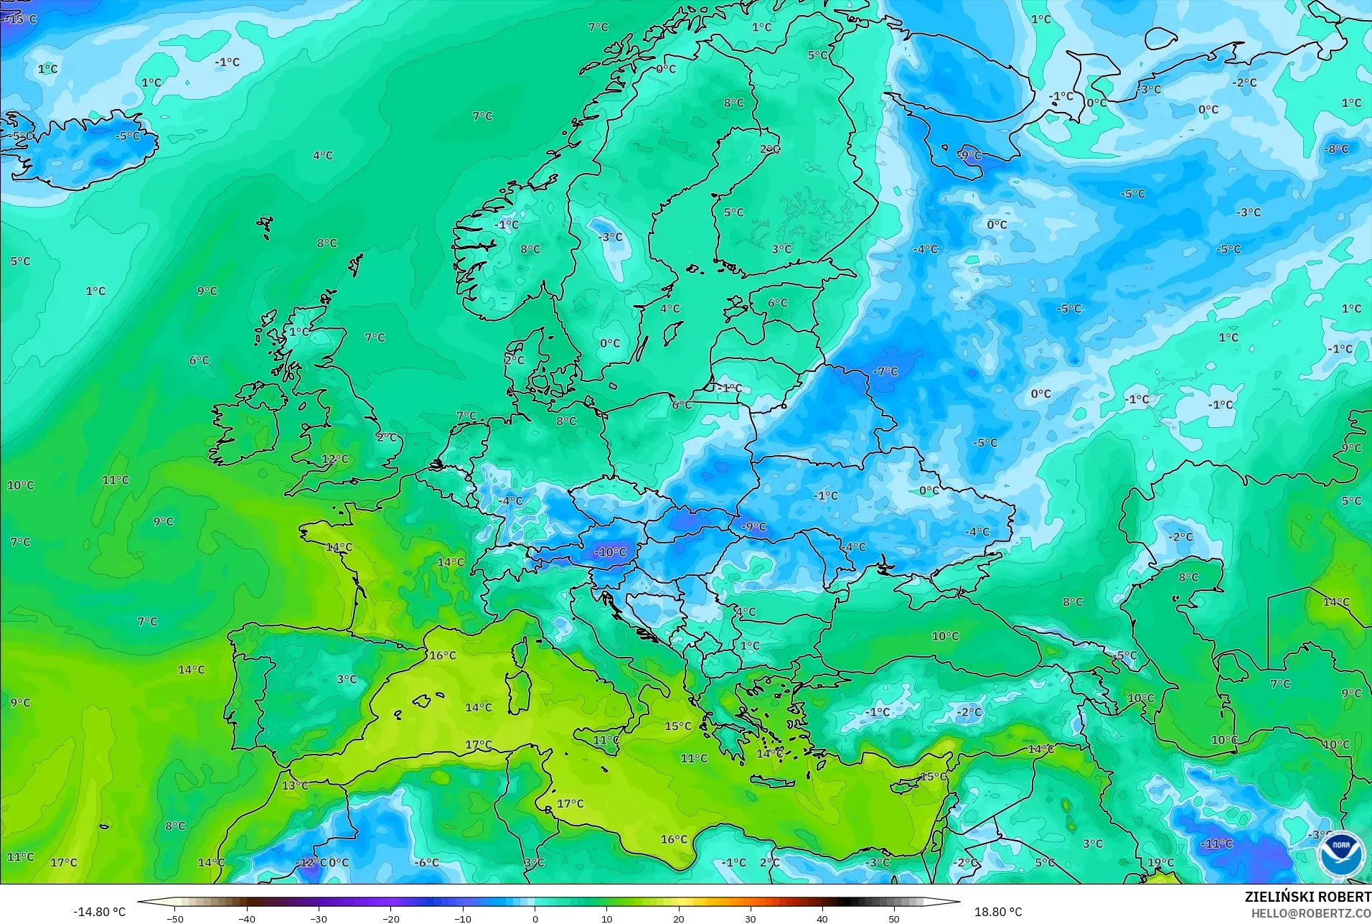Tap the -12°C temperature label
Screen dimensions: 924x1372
click(x=311, y=862)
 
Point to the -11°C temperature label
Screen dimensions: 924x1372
click(x=1217, y=844)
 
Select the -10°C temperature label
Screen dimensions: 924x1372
click(x=610, y=552)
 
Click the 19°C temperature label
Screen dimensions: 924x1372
click(x=1161, y=862)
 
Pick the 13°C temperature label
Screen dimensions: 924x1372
click(x=295, y=785)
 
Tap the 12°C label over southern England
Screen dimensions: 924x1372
click(x=335, y=459)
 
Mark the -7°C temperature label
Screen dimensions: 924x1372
click(x=885, y=371)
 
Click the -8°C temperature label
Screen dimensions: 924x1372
click(x=1336, y=149)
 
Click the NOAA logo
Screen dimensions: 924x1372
click(x=1340, y=854)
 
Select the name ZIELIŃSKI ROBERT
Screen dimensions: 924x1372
click(x=1307, y=897)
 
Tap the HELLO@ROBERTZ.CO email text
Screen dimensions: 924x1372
click(x=1311, y=913)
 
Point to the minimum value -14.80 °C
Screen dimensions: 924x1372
click(x=99, y=912)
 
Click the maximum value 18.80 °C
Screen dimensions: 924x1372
click(x=997, y=912)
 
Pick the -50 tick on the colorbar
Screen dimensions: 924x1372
click(x=175, y=919)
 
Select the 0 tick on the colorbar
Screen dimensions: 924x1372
click(x=535, y=919)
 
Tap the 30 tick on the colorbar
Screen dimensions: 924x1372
click(x=751, y=919)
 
